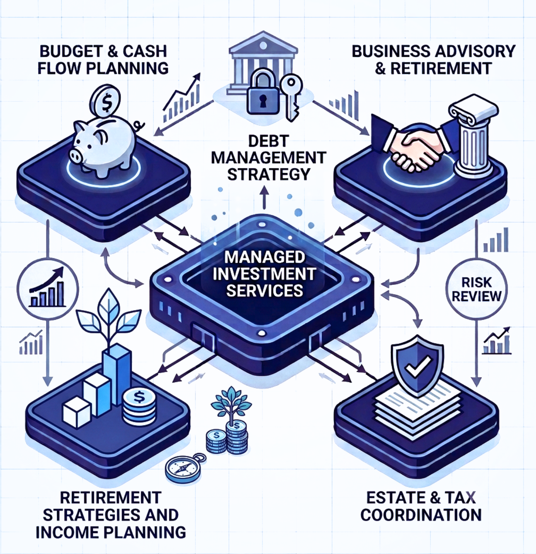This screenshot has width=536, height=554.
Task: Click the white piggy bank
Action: (104, 145)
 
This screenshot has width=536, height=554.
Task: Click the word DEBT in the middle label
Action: (268, 141)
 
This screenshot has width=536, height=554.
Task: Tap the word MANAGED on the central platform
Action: (265, 257)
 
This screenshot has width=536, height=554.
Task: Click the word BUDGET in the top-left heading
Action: (71, 51)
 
